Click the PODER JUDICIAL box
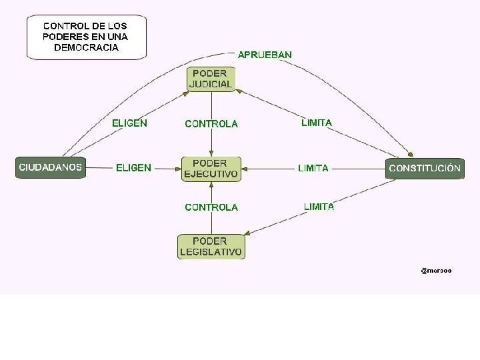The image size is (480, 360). point(211,79)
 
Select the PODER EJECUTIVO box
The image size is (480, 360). point(211,169)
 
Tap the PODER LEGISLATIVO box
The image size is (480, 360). point(211,247)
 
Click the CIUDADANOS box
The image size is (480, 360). point(51,167)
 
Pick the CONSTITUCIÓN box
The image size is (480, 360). point(425,168)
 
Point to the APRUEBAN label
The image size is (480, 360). point(265,54)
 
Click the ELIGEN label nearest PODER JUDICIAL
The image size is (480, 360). point(129,123)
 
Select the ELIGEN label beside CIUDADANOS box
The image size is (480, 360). point(133,168)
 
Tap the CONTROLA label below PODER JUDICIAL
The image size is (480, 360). point(211,124)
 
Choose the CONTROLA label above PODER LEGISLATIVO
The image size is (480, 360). point(211,207)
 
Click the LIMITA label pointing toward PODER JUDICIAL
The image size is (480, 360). point(316,123)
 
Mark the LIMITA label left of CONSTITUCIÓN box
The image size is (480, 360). point(313,168)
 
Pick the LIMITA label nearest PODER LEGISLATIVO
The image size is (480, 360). point(319,207)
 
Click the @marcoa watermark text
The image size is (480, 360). point(436,270)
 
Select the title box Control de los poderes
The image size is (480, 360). point(86,37)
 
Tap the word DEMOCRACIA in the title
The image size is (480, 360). point(86,48)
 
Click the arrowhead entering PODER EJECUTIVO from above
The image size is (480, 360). point(211,154)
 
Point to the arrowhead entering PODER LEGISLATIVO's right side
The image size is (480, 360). point(247,233)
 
